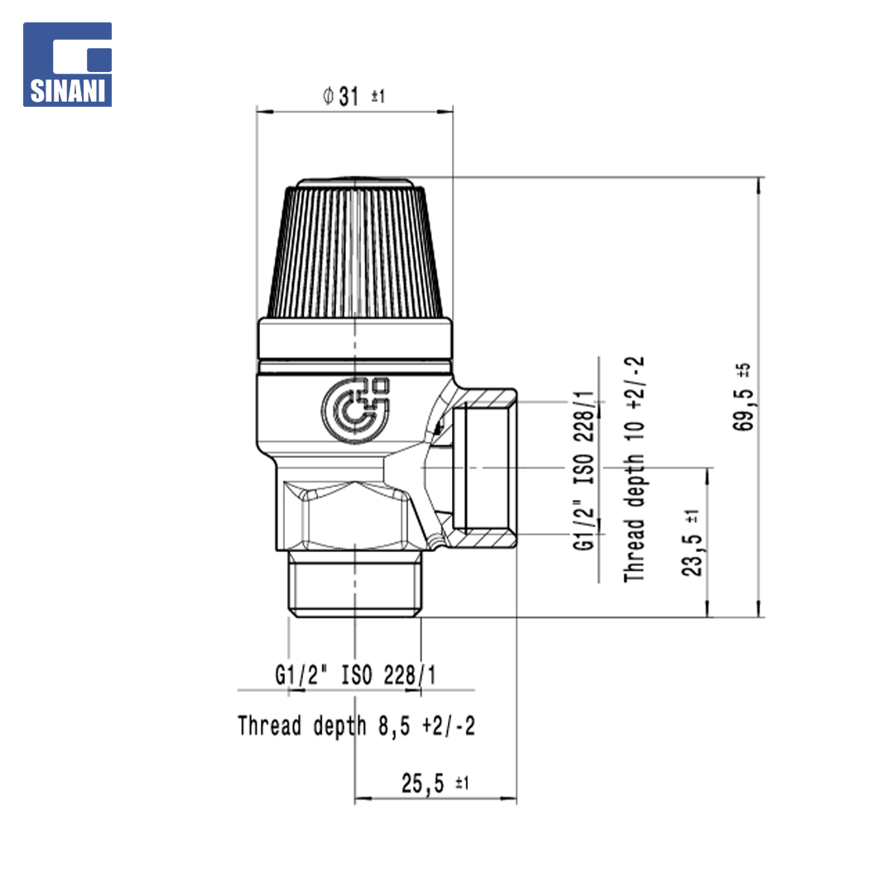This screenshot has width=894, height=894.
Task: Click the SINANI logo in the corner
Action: tap(67, 65)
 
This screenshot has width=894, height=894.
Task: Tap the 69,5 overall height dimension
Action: tap(743, 410)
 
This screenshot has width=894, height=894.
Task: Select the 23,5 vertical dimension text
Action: tap(692, 554)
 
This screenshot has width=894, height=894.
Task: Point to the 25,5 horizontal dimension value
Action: tap(422, 783)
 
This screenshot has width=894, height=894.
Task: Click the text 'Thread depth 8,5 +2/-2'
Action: tap(356, 726)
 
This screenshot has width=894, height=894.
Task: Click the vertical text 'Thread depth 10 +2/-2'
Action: tap(634, 469)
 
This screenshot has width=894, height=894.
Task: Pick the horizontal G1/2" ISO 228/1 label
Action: tap(355, 675)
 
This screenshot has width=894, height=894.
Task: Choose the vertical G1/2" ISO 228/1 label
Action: tap(584, 470)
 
